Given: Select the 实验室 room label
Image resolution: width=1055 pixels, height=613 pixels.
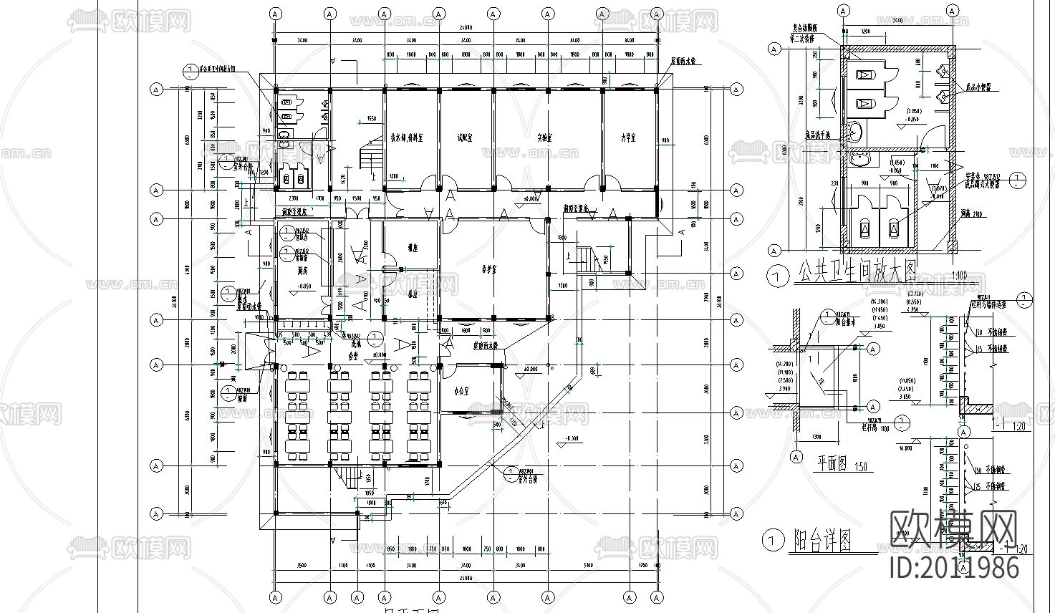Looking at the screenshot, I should click(547, 137).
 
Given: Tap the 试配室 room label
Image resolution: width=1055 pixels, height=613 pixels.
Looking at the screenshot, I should click(466, 137).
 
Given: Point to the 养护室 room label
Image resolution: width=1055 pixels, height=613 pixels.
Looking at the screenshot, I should click(489, 270).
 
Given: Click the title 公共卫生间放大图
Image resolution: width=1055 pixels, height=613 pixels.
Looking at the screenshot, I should click(856, 274).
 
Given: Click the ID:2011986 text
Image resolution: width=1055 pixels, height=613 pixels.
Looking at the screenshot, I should click(953, 567).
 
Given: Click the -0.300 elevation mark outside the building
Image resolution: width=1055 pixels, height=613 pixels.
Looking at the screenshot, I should click(572, 438).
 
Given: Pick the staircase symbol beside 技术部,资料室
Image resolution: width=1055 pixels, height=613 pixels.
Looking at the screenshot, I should click(370, 153).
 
